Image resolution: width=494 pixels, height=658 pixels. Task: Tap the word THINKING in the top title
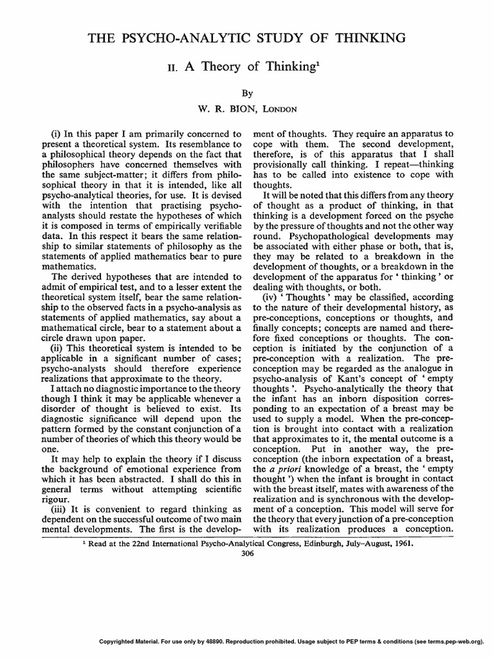pos(365,39)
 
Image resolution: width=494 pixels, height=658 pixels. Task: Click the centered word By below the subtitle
pos(247,93)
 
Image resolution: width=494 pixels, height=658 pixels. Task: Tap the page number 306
pos(247,555)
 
